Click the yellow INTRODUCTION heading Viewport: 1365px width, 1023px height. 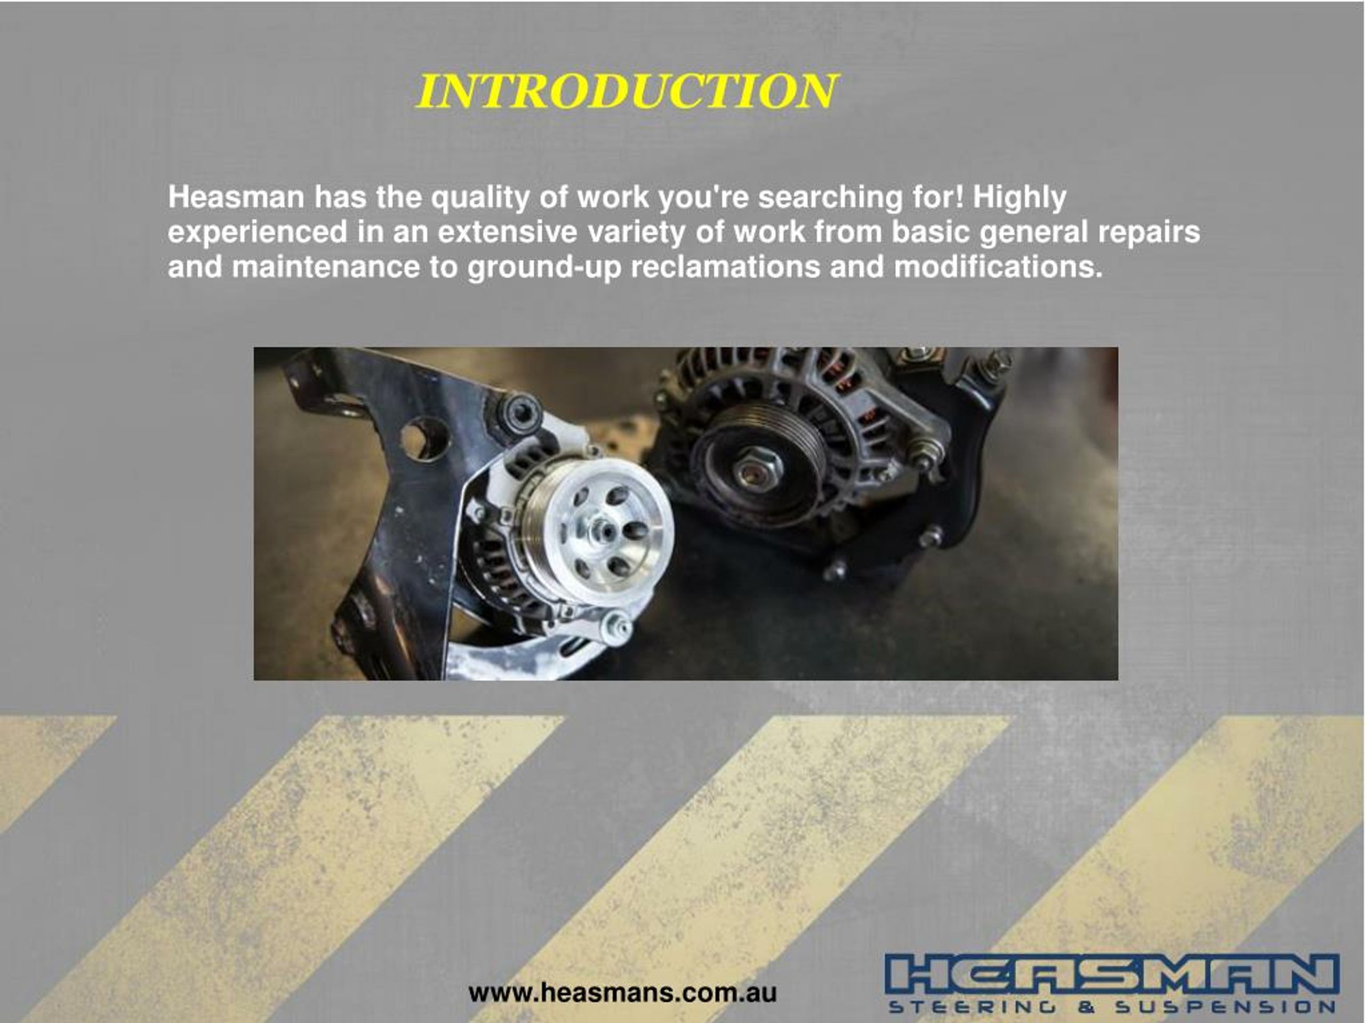point(627,91)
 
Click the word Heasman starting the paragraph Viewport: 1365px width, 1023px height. point(236,197)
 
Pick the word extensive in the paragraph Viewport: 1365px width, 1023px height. point(507,232)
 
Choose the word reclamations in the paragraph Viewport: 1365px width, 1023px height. point(725,267)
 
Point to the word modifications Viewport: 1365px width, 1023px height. point(997,267)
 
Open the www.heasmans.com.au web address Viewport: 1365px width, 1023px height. point(622,993)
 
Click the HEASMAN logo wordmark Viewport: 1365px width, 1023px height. point(1111,976)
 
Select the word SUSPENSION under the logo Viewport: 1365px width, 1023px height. point(1225,1008)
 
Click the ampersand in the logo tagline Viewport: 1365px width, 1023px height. point(1086,1008)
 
